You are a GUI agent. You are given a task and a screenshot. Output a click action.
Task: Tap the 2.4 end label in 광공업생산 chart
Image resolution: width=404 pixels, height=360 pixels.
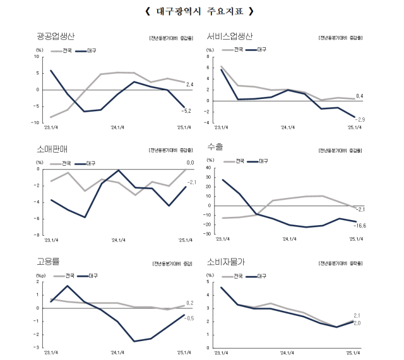[x=189, y=84]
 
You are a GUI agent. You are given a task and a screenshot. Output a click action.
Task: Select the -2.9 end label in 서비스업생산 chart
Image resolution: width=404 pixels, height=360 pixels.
[x=360, y=119]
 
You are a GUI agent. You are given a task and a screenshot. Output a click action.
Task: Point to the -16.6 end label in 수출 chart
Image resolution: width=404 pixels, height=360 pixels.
[x=361, y=225]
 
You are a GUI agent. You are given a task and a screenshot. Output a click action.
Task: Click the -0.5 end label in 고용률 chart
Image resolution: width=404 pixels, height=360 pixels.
[x=188, y=318]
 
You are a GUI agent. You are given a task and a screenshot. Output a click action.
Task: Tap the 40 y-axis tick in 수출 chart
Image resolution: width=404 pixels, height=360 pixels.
[x=211, y=168]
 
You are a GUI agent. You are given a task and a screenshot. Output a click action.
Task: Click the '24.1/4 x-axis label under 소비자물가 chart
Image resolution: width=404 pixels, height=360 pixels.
[x=287, y=353]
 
